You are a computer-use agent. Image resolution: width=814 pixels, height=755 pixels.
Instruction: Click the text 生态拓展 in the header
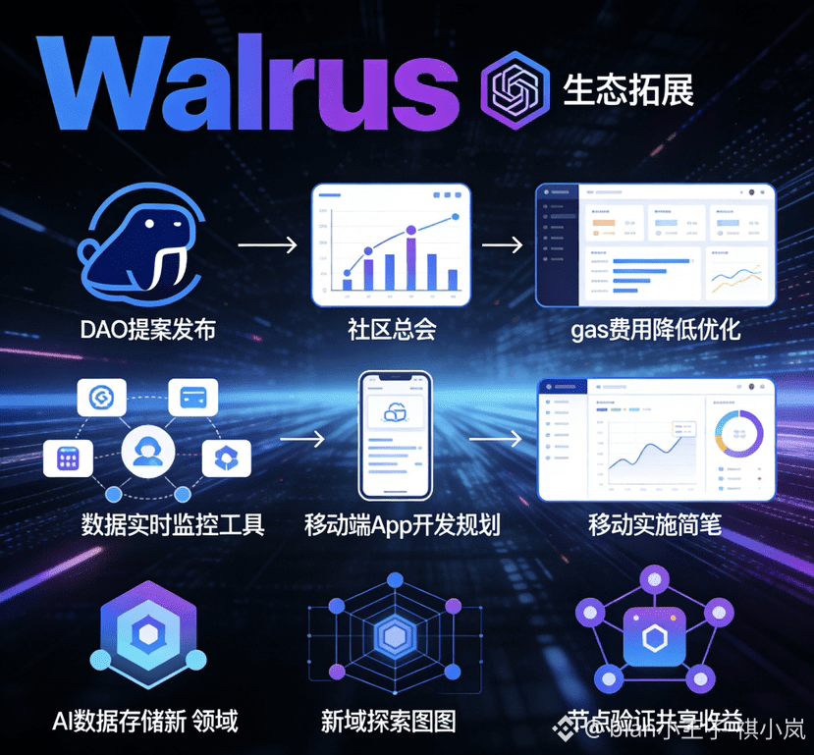(628, 89)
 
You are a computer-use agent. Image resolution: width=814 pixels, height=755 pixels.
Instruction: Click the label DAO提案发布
(147, 329)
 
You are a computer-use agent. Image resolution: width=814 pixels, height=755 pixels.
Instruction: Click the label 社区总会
(391, 329)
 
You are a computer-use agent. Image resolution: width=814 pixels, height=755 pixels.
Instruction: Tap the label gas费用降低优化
(656, 329)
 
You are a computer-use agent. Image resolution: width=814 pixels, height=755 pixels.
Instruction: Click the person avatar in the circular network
(148, 453)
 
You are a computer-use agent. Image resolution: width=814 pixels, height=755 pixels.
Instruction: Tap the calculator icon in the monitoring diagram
(69, 458)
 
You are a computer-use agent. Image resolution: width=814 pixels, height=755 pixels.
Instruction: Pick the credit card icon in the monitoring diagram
(192, 398)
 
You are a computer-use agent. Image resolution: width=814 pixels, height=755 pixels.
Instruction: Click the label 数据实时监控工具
(173, 524)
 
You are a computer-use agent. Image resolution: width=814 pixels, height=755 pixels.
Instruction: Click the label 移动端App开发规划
(403, 524)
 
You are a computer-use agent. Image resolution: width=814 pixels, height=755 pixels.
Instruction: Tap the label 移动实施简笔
(655, 524)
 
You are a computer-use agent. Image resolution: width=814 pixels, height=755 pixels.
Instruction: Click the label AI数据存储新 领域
(144, 723)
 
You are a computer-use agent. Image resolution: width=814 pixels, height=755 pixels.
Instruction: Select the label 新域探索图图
(389, 723)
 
